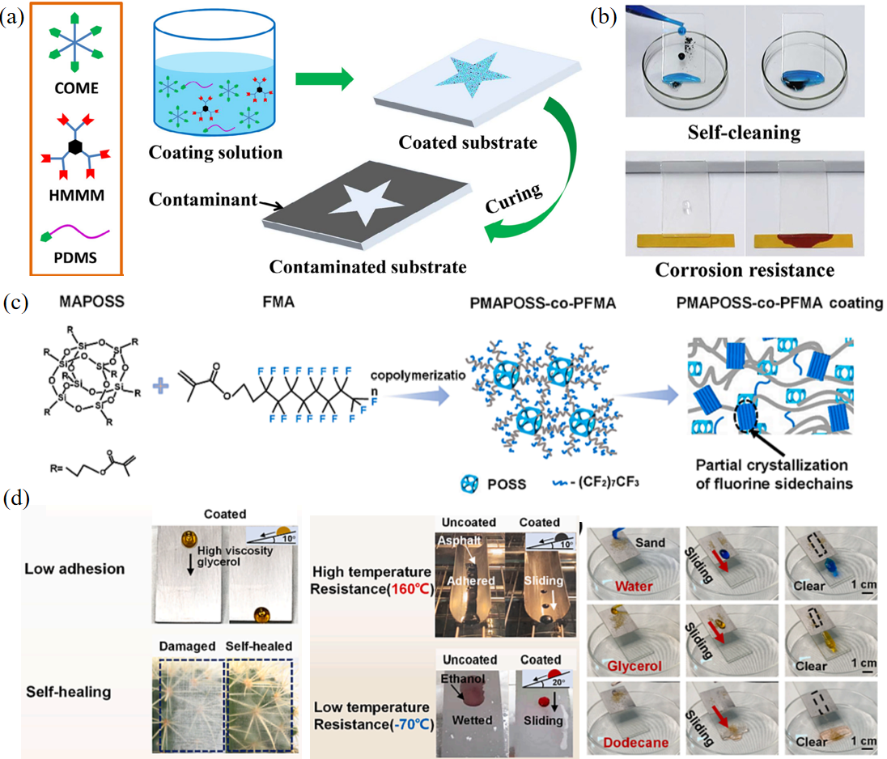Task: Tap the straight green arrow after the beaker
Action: (325, 79)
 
